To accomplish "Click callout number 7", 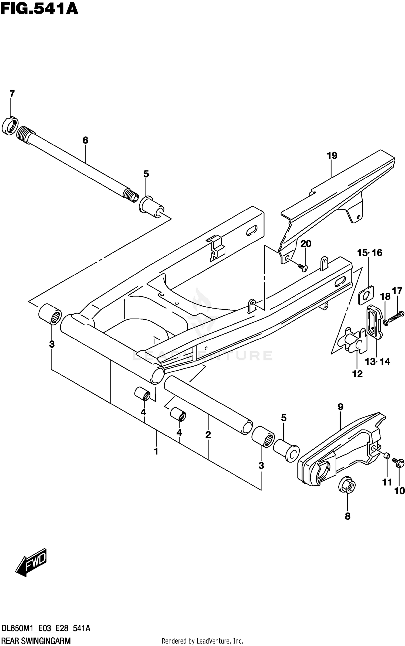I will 12,94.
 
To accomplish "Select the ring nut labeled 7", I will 10,126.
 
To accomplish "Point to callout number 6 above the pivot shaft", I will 85,140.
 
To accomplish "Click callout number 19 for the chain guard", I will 332,156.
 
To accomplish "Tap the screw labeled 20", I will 303,267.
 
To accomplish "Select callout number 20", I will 306,244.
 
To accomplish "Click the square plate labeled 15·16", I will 366,295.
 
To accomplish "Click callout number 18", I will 385,297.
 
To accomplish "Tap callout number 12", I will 357,374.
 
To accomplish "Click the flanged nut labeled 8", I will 347,487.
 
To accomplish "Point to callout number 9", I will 340,407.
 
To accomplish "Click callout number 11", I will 387,482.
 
